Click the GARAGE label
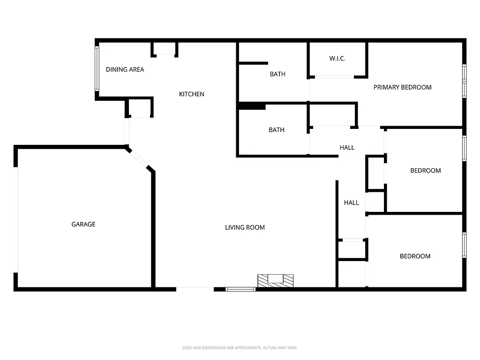click(x=83, y=224)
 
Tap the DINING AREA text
click(x=125, y=69)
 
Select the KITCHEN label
click(x=192, y=94)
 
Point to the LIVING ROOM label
click(x=245, y=227)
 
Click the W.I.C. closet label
click(x=337, y=59)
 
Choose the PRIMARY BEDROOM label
click(x=402, y=87)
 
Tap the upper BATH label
click(x=277, y=74)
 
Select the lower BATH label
click(x=277, y=130)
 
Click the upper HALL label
click(x=347, y=147)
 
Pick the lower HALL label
click(x=351, y=202)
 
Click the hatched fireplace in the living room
click(x=275, y=280)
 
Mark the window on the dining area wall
click(x=97, y=68)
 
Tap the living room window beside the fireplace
click(x=240, y=289)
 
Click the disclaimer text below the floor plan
click(x=240, y=348)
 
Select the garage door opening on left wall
click(x=16, y=219)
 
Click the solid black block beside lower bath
click(x=252, y=106)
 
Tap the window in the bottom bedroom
click(x=464, y=245)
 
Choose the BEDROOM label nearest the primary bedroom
click(x=425, y=171)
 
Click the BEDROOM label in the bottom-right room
click(x=415, y=256)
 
